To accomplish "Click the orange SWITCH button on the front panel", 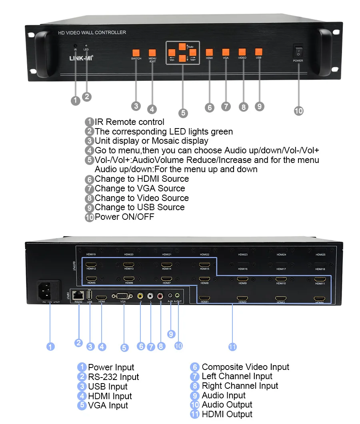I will [x=136, y=52].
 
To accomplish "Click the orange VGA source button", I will [x=226, y=52].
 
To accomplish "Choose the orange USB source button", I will [x=258, y=52].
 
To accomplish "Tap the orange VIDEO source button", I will [x=242, y=52].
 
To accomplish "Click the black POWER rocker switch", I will [x=298, y=51].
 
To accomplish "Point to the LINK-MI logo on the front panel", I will [x=81, y=58].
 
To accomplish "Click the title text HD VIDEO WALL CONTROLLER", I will [x=92, y=32].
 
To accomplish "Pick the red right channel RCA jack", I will [x=160, y=296].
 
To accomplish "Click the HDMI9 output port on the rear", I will [x=243, y=279].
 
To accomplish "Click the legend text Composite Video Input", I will [x=245, y=367].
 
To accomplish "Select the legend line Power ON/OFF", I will [x=124, y=217].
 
